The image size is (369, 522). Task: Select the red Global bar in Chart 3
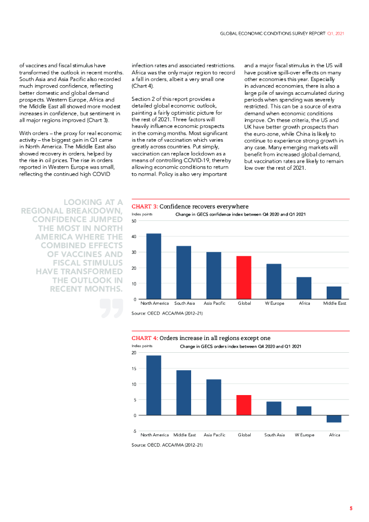click(x=244, y=277)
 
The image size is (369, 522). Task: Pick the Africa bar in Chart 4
click(x=334, y=419)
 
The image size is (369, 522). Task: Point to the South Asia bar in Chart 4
click(x=274, y=408)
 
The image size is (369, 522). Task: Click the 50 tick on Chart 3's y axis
click(x=134, y=221)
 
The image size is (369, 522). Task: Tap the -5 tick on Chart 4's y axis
click(x=134, y=431)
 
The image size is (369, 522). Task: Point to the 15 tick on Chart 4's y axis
click(x=134, y=368)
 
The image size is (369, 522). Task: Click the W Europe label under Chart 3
click(x=274, y=303)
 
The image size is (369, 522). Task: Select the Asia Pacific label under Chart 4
click(x=214, y=435)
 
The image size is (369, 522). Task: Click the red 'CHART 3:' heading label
click(x=145, y=206)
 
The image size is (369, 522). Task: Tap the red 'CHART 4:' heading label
click(x=145, y=338)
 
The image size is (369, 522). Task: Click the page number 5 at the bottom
click(x=351, y=508)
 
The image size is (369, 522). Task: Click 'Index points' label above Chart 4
click(x=142, y=346)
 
